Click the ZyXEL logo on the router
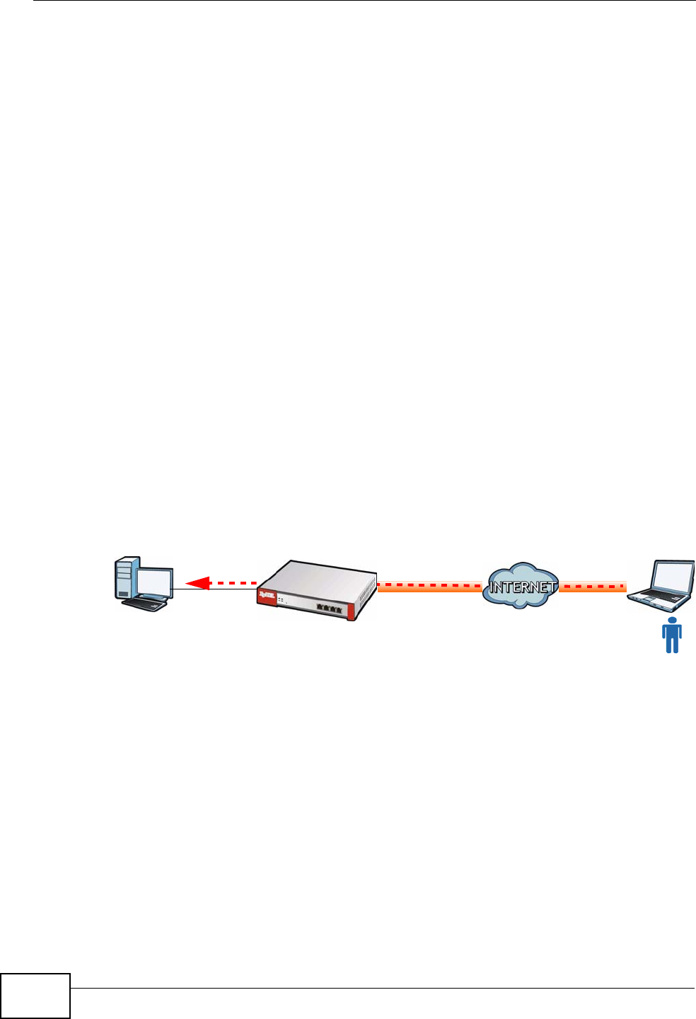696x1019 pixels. [x=267, y=597]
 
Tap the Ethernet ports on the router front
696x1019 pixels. [x=330, y=608]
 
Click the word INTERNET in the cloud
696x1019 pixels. [x=521, y=587]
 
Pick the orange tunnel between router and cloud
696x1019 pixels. [x=429, y=587]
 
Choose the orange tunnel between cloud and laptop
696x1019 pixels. [x=593, y=587]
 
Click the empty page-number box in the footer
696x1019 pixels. [x=35, y=996]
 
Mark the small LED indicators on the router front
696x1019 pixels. [x=282, y=601]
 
